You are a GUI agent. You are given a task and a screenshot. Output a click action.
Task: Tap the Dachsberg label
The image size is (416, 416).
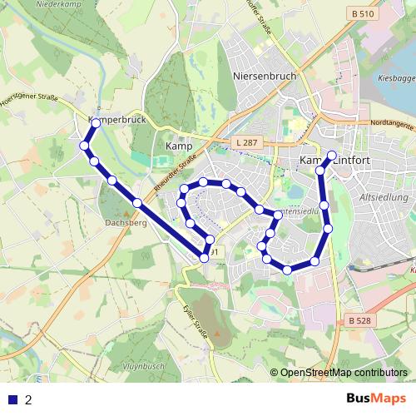tap(126, 223)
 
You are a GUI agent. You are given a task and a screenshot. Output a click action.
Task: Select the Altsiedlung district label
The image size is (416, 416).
tap(382, 198)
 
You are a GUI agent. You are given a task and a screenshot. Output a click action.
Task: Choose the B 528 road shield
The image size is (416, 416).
tap(359, 321)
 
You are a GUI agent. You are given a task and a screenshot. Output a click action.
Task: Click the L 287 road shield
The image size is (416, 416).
tap(246, 143)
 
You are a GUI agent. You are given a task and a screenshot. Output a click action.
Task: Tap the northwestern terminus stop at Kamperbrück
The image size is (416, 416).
tap(96, 123)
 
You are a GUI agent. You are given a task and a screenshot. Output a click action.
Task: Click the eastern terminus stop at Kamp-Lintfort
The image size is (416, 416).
tap(331, 156)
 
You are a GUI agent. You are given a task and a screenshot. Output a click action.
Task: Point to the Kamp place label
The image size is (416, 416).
tap(179, 146)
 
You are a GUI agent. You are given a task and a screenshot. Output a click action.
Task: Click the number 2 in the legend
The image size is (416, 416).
tap(29, 399)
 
